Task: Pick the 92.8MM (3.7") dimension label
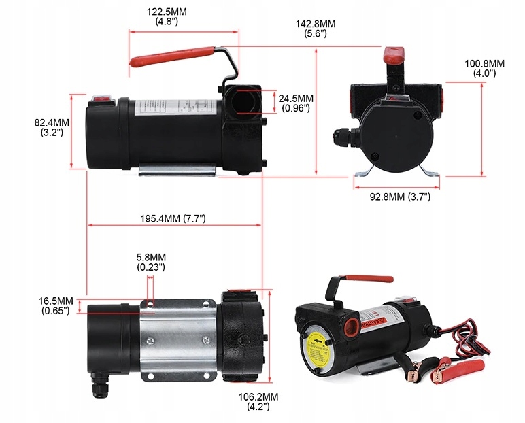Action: [400, 197]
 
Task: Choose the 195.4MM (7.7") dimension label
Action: [173, 219]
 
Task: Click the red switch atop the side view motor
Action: [102, 96]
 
